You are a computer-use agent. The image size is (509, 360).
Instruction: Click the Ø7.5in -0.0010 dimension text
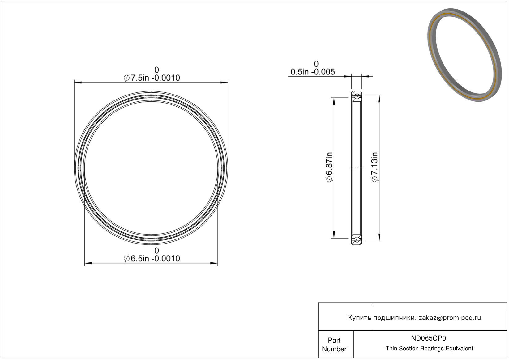coord(152,78)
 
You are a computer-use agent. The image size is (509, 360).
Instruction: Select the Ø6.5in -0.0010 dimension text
coord(152,258)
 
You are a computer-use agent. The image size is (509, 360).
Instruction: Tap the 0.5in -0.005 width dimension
coord(313,72)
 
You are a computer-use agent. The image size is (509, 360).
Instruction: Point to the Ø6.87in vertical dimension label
coord(329,167)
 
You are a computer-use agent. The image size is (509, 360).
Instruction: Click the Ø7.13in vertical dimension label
coord(374,167)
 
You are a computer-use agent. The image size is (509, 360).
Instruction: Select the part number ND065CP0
coord(428,338)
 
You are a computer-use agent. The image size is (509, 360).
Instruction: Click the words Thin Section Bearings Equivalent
coord(429,349)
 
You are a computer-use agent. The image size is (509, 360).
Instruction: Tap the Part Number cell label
coord(334,345)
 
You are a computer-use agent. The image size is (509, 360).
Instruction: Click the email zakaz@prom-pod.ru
coord(450,318)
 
